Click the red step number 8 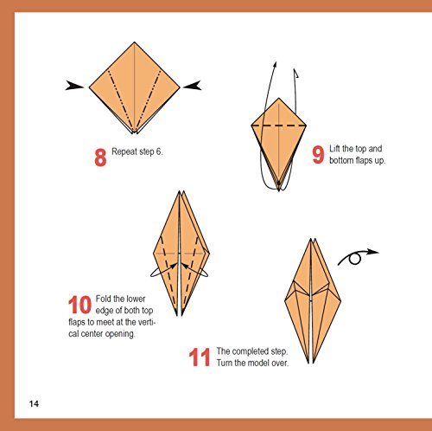tap(100, 158)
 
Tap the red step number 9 tap(318, 155)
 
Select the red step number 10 tap(79, 305)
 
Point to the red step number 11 tap(200, 357)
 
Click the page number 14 tap(34, 403)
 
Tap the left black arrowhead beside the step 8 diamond tap(74, 86)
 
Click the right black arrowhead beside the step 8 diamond tap(192, 86)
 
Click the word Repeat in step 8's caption tap(124, 151)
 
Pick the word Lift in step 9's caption tap(334, 149)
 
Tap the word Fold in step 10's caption tap(103, 299)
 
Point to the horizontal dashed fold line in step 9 tap(279, 125)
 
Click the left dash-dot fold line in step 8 tap(120, 100)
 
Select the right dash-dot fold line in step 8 tap(149, 100)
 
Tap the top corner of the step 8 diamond tap(135, 42)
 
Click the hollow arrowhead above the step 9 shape tap(295, 74)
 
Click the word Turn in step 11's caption tap(225, 363)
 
